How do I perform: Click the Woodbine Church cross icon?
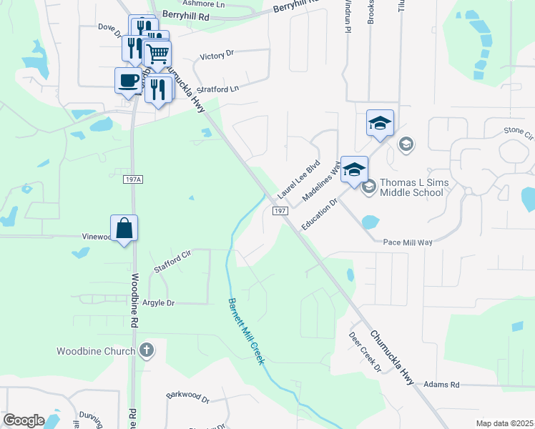pos(147,350)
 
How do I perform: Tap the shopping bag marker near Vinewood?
pos(124,228)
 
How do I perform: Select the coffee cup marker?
pos(128,80)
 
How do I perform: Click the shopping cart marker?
pos(157,53)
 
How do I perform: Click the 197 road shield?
pos(280,210)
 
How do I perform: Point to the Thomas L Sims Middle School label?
pos(414,187)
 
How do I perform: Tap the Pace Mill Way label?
pos(408,242)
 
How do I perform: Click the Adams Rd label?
pos(441,385)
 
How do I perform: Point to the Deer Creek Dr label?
pos(365,351)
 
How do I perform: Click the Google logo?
pos(24,420)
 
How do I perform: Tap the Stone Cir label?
pos(519,132)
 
